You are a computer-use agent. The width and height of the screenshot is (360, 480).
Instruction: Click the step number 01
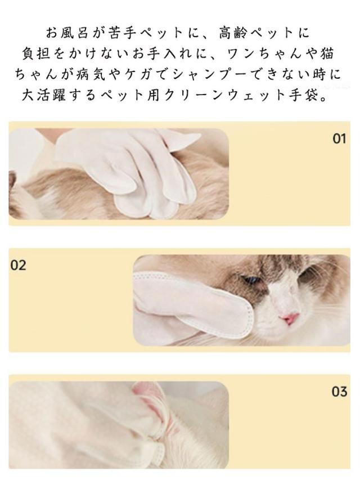[x=339, y=138]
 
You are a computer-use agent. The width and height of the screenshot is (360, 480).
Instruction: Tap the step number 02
[x=19, y=265]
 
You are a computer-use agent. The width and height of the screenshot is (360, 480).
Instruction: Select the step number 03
[x=339, y=392]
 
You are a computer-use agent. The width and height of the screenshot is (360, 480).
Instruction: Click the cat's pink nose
[x=290, y=318]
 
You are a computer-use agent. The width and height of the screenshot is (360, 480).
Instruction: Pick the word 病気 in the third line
[x=90, y=75]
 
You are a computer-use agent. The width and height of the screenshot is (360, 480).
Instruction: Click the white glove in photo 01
[x=129, y=172]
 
